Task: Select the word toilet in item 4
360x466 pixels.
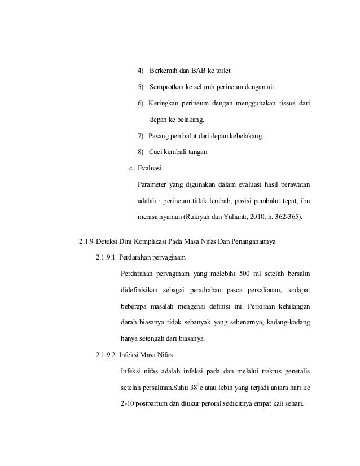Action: click(221, 71)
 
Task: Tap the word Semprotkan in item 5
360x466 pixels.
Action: click(169, 87)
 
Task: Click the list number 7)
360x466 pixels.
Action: click(142, 136)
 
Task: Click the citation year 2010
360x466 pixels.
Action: click(258, 217)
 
